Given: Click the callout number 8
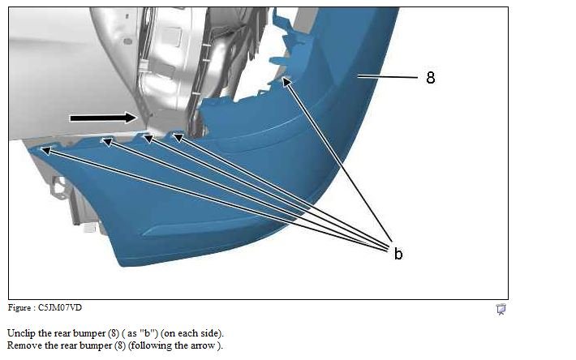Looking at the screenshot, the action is [x=431, y=77].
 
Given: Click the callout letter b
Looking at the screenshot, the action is [x=398, y=254].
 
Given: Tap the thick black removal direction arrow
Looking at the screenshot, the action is [x=104, y=118].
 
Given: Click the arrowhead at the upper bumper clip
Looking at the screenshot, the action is [x=286, y=82].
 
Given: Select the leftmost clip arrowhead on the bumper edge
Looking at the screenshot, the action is [x=45, y=150].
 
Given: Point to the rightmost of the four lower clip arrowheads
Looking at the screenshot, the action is [x=178, y=137].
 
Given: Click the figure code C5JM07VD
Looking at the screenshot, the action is [x=60, y=307].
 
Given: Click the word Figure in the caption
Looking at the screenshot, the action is [x=19, y=307].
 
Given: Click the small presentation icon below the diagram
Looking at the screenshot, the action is [x=501, y=310].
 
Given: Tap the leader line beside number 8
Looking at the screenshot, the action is [x=388, y=77].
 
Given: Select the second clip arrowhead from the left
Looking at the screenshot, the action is [x=107, y=142].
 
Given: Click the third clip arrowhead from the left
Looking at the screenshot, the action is [x=148, y=139].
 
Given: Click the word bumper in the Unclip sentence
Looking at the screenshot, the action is [x=88, y=333].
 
